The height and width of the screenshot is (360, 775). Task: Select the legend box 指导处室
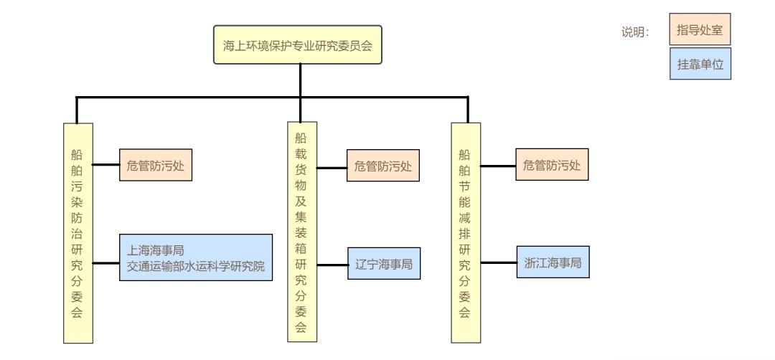coord(699,31)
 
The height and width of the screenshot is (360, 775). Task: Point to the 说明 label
coord(635,33)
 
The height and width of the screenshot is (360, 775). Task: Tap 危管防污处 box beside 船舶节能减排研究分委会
coord(551,166)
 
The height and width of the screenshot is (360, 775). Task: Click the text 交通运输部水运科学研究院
coord(196,265)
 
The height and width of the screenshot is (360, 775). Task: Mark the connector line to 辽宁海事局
coord(332,265)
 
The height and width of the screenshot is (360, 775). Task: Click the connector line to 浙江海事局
coord(499,263)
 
